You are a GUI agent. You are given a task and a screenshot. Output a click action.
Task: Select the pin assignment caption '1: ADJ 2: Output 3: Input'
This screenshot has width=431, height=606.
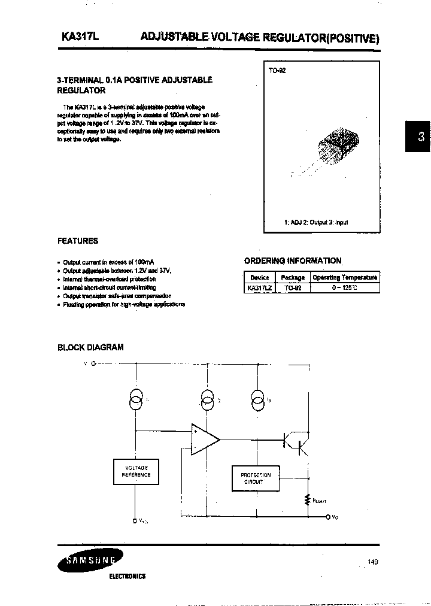(315, 222)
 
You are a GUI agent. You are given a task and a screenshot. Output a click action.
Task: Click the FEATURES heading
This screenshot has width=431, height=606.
(77, 241)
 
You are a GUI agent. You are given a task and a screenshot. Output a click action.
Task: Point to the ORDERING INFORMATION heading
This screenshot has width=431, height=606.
(293, 260)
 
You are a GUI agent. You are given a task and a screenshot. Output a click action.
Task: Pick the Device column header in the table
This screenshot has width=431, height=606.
(259, 277)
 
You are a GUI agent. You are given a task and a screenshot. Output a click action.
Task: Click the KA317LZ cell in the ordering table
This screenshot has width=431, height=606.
(259, 287)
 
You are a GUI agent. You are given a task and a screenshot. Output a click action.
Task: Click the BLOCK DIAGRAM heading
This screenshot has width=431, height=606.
(90, 347)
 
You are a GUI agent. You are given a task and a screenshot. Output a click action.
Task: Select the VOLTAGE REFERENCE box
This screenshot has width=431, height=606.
(136, 471)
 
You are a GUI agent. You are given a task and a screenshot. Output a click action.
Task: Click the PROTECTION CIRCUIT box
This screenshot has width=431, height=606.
(256, 478)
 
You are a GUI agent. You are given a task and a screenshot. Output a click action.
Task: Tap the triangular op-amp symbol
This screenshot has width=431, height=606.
(204, 440)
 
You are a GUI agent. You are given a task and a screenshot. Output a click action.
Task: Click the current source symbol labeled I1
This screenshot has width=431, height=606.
(136, 400)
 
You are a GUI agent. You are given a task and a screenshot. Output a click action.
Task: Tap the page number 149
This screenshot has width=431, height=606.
(372, 562)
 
